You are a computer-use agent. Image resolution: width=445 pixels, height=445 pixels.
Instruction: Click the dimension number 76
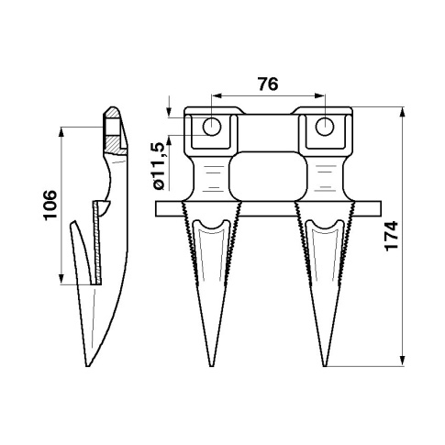pos(268,84)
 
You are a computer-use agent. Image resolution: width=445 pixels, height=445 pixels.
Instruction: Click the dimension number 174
pos(392,236)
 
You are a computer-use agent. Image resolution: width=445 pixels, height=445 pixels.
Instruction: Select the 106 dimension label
pos(50,205)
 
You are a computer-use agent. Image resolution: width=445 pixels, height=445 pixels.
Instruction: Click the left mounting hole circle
pos(212,127)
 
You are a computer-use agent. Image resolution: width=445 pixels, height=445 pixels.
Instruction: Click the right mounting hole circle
pos(325,127)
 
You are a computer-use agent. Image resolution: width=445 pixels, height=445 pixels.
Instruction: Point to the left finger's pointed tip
pos(211,366)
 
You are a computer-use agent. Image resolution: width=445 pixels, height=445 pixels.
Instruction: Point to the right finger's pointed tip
pos(325,366)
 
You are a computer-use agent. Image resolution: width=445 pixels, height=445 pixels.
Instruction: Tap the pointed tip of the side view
pos(87,366)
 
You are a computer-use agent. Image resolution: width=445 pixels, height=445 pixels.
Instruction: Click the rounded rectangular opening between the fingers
pos(268,176)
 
